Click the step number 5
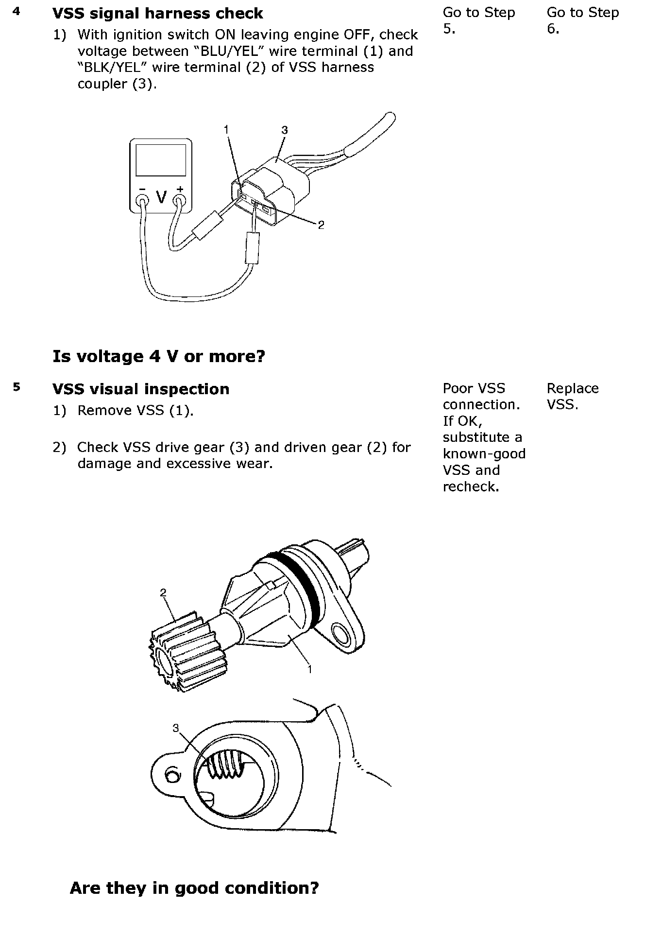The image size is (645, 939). coord(17,387)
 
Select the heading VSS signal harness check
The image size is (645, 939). coord(157,13)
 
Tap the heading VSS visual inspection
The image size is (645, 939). coord(140,389)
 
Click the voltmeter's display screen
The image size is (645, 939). coord(160,159)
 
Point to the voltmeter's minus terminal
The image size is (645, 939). coord(142,199)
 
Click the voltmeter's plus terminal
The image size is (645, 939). coord(180,199)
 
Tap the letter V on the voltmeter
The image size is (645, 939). coord(161,197)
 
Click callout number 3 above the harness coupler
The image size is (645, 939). coord(285,130)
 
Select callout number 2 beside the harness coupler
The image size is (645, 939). coord(321,225)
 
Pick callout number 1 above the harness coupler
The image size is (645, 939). coord(226,129)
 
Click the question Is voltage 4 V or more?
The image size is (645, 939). coord(158,356)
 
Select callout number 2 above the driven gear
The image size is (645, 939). coord(163,592)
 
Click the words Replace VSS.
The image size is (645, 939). coord(572,396)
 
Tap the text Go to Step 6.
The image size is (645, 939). coord(582,20)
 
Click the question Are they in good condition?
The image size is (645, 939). coord(194,888)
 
